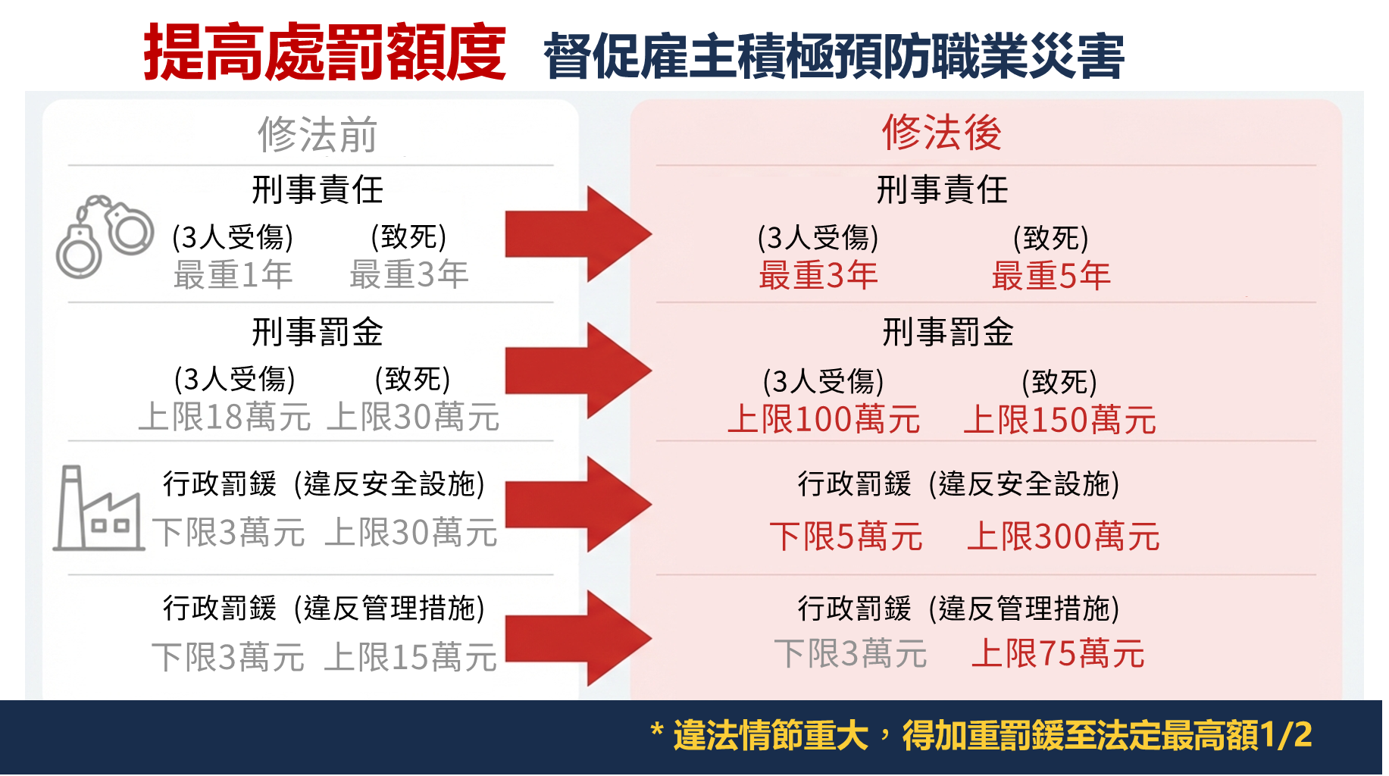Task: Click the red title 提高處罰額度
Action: click(324, 52)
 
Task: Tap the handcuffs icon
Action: click(105, 236)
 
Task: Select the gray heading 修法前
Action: click(318, 135)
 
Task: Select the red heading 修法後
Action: click(941, 133)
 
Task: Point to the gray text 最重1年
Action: click(233, 274)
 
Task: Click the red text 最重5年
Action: click(1051, 276)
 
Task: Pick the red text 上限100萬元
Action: click(824, 420)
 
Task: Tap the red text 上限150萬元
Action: click(1059, 420)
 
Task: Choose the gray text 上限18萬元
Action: click(224, 418)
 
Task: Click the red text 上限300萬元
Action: click(1063, 537)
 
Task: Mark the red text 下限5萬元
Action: click(846, 537)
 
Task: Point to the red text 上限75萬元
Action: click(1058, 654)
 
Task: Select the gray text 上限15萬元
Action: click(411, 657)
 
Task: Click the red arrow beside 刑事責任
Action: click(577, 235)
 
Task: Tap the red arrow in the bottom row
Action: click(577, 638)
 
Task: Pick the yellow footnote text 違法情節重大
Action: click(770, 736)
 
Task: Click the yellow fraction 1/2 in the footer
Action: click(1286, 735)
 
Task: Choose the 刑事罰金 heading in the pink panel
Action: click(948, 333)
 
